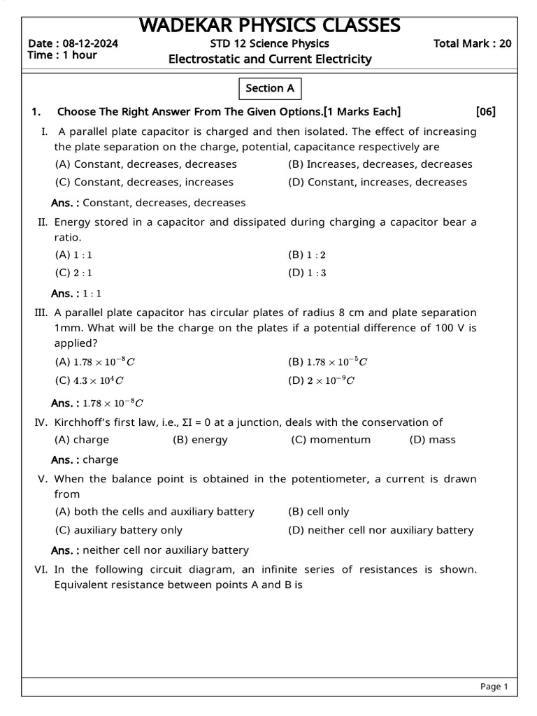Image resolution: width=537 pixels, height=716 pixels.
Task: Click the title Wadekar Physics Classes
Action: coord(270,25)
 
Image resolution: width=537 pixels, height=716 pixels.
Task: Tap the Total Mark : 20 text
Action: coord(472,43)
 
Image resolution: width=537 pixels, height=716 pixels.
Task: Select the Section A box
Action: coord(270,88)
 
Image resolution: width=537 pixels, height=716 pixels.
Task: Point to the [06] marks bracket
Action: coord(485,112)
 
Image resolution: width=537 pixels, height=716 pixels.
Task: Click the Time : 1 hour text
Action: coord(62,55)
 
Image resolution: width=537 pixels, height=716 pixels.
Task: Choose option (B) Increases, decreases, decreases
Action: coord(380,164)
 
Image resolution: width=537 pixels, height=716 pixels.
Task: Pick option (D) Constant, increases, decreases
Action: coord(377,182)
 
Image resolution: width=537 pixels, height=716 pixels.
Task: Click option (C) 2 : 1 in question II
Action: coord(73,273)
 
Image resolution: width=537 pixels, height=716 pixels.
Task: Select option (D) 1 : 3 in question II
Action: coord(307,273)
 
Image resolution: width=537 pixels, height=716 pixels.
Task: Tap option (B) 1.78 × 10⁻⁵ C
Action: coord(327,362)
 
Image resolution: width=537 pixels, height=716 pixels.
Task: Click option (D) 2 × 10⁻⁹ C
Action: coord(322,380)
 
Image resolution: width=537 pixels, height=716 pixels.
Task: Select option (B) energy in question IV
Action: coord(200,440)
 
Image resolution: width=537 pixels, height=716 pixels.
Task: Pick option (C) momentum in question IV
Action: coord(331,440)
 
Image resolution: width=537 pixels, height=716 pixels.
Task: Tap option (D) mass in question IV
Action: coord(432,440)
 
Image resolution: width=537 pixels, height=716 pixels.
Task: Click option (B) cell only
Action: coord(318,512)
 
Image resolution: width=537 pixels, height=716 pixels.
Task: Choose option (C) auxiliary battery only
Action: coord(118,530)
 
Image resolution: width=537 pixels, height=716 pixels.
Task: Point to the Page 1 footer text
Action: coord(494,687)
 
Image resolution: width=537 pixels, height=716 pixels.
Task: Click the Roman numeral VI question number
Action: coord(41,569)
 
